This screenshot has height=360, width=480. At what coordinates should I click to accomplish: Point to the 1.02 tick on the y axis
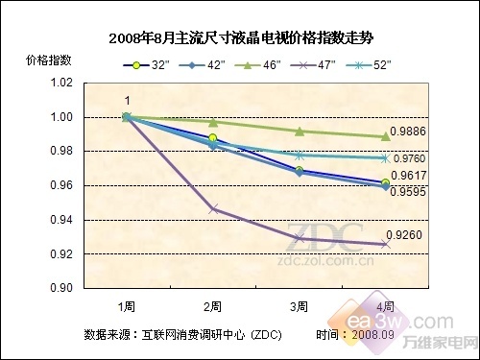pos(60,83)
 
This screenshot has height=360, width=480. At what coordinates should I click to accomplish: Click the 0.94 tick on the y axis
pos(60,220)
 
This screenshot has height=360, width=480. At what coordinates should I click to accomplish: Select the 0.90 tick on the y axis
pos(60,288)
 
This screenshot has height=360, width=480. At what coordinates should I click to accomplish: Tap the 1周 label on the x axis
pos(126,306)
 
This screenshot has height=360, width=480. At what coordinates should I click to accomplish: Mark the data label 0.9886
pos(413,140)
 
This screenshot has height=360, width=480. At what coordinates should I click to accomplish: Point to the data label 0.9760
pos(413,158)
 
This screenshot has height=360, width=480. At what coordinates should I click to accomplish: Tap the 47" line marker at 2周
pos(213,208)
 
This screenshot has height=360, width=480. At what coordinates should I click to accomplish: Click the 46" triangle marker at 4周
pos(385,136)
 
